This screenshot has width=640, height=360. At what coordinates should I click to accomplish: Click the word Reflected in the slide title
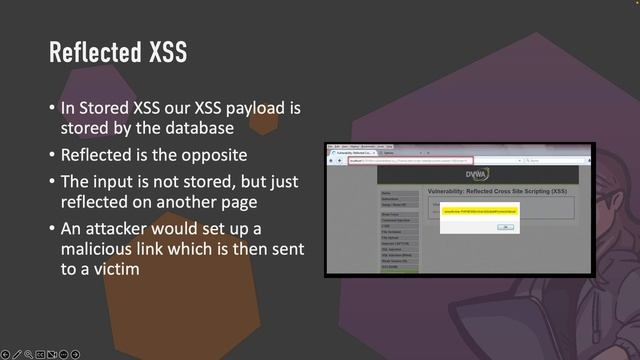[x=96, y=51]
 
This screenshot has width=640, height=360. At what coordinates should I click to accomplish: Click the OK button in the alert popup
[x=506, y=227]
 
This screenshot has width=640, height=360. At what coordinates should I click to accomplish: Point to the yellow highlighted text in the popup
[x=482, y=212]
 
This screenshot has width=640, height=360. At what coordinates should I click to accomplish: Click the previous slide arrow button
[x=6, y=354]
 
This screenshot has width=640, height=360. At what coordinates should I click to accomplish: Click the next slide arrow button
[x=75, y=354]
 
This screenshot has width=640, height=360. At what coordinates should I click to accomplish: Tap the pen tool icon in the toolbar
[x=17, y=354]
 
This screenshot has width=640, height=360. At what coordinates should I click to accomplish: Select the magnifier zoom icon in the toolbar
[x=28, y=354]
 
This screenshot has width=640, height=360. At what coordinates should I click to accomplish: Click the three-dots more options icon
[x=63, y=354]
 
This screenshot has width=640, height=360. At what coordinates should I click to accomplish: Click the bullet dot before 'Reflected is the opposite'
[x=53, y=155]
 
